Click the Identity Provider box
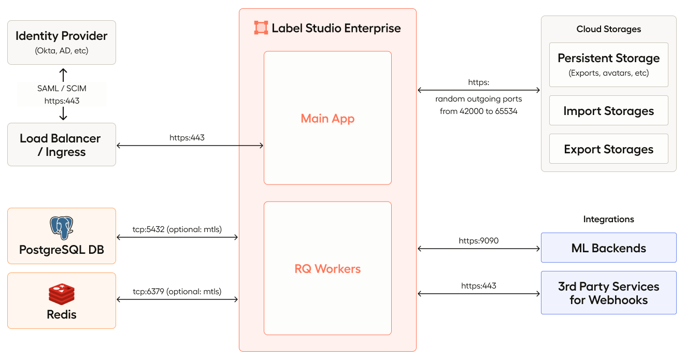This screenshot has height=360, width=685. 62,42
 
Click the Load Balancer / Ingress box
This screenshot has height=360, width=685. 62,145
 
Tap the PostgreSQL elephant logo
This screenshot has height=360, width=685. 62,228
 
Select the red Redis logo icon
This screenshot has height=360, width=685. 62,294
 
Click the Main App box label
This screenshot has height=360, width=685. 327,119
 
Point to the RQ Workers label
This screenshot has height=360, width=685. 327,269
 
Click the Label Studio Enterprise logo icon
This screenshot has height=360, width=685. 261,28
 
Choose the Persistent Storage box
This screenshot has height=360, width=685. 608,64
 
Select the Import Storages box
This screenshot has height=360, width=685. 608,111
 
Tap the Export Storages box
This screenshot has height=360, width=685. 608,149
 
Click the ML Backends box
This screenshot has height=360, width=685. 608,248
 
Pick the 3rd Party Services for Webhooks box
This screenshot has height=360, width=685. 608,293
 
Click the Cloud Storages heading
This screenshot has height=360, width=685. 608,30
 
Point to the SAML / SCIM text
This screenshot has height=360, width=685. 62,89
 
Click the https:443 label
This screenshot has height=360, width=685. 62,101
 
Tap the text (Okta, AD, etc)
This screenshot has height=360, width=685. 62,51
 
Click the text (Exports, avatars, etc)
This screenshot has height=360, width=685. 608,73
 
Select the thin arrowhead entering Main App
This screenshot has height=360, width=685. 262,146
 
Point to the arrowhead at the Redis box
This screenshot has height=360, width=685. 119,299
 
